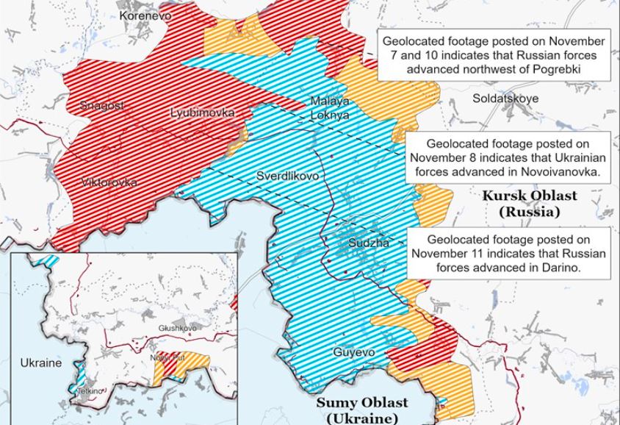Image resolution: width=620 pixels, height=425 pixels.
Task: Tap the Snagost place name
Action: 102,106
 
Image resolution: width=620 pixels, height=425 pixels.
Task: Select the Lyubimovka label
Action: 202,113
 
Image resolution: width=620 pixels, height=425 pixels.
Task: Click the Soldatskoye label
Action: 505,98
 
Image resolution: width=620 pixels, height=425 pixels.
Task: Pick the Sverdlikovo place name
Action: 287,176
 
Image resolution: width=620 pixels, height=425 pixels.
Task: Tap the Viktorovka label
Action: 109,182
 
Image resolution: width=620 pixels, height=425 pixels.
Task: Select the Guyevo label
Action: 354,352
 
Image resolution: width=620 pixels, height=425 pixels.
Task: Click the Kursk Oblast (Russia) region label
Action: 529,204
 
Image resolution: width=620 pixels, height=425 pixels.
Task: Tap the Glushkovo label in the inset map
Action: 179,328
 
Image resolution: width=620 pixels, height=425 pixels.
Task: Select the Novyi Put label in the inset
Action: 164,357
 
